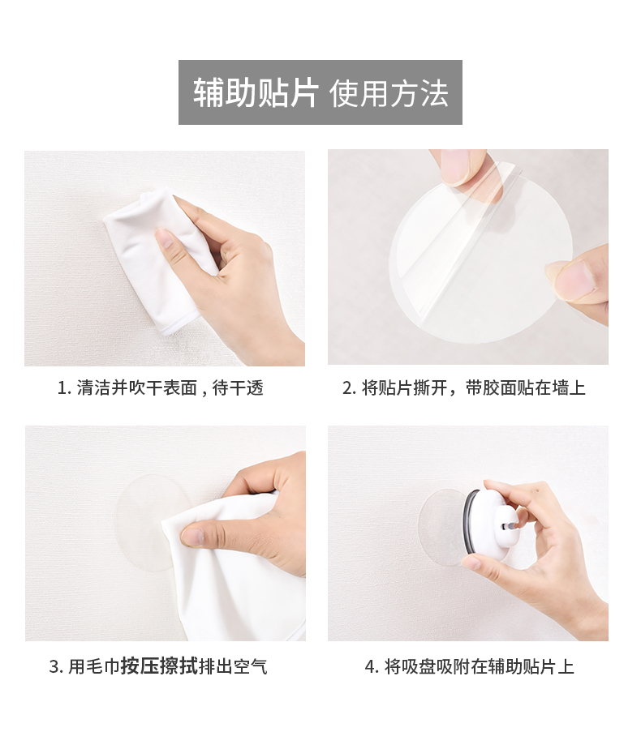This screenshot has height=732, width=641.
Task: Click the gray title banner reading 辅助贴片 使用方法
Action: pyautogui.click(x=320, y=92)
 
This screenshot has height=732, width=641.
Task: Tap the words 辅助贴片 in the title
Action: pyautogui.click(x=256, y=92)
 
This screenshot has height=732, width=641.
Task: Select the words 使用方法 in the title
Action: pyautogui.click(x=389, y=92)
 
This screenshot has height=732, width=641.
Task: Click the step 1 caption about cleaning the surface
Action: pyautogui.click(x=161, y=388)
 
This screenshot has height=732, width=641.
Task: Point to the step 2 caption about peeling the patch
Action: pyautogui.click(x=463, y=388)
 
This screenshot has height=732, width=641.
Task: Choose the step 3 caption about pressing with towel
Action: pyautogui.click(x=158, y=666)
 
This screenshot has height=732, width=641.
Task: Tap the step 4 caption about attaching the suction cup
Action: pyautogui.click(x=469, y=666)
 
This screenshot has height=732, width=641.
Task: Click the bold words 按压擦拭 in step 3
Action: pyautogui.click(x=159, y=666)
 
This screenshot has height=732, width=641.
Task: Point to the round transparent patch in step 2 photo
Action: pyautogui.click(x=481, y=261)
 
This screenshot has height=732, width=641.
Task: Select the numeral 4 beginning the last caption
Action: pyautogui.click(x=369, y=666)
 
